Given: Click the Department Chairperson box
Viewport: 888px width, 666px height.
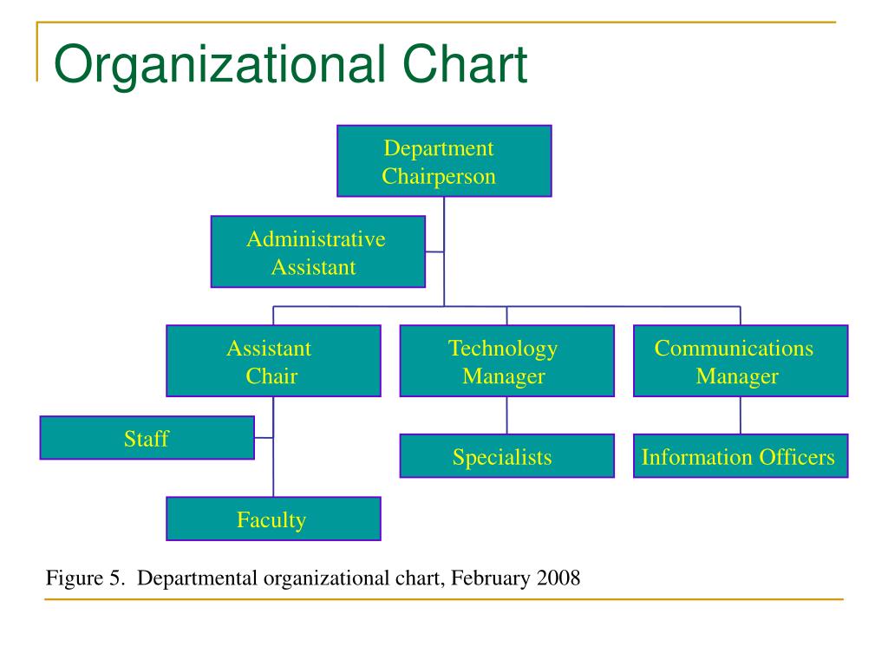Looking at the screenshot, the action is pos(444,161).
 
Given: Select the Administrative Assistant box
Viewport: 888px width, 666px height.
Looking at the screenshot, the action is pos(317,251).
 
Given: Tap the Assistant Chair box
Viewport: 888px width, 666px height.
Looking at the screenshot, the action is pos(273,361).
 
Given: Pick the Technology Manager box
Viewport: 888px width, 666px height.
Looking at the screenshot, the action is pos(506,361).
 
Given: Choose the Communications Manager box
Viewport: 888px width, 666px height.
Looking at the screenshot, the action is pos(741,361).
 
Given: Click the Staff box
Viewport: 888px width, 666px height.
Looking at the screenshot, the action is pos(147,438).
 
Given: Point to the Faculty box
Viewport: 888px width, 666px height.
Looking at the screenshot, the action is pos(273,519).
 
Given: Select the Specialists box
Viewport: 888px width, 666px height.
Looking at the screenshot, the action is pos(506,456).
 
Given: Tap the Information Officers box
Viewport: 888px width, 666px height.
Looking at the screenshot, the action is pos(741,456).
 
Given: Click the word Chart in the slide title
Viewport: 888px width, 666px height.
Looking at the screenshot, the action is pos(465,63).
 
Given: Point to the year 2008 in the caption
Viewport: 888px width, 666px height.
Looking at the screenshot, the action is pos(558,578).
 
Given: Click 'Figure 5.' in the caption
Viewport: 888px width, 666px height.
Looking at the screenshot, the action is pos(85,578).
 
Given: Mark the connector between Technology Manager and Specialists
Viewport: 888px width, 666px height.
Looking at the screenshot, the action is pos(506,415).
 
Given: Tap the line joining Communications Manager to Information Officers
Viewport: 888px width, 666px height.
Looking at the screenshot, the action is pos(741,415).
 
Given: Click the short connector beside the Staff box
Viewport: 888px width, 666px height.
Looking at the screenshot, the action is pos(264,438).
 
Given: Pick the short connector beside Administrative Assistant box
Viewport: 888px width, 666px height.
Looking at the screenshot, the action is pos(434,251).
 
